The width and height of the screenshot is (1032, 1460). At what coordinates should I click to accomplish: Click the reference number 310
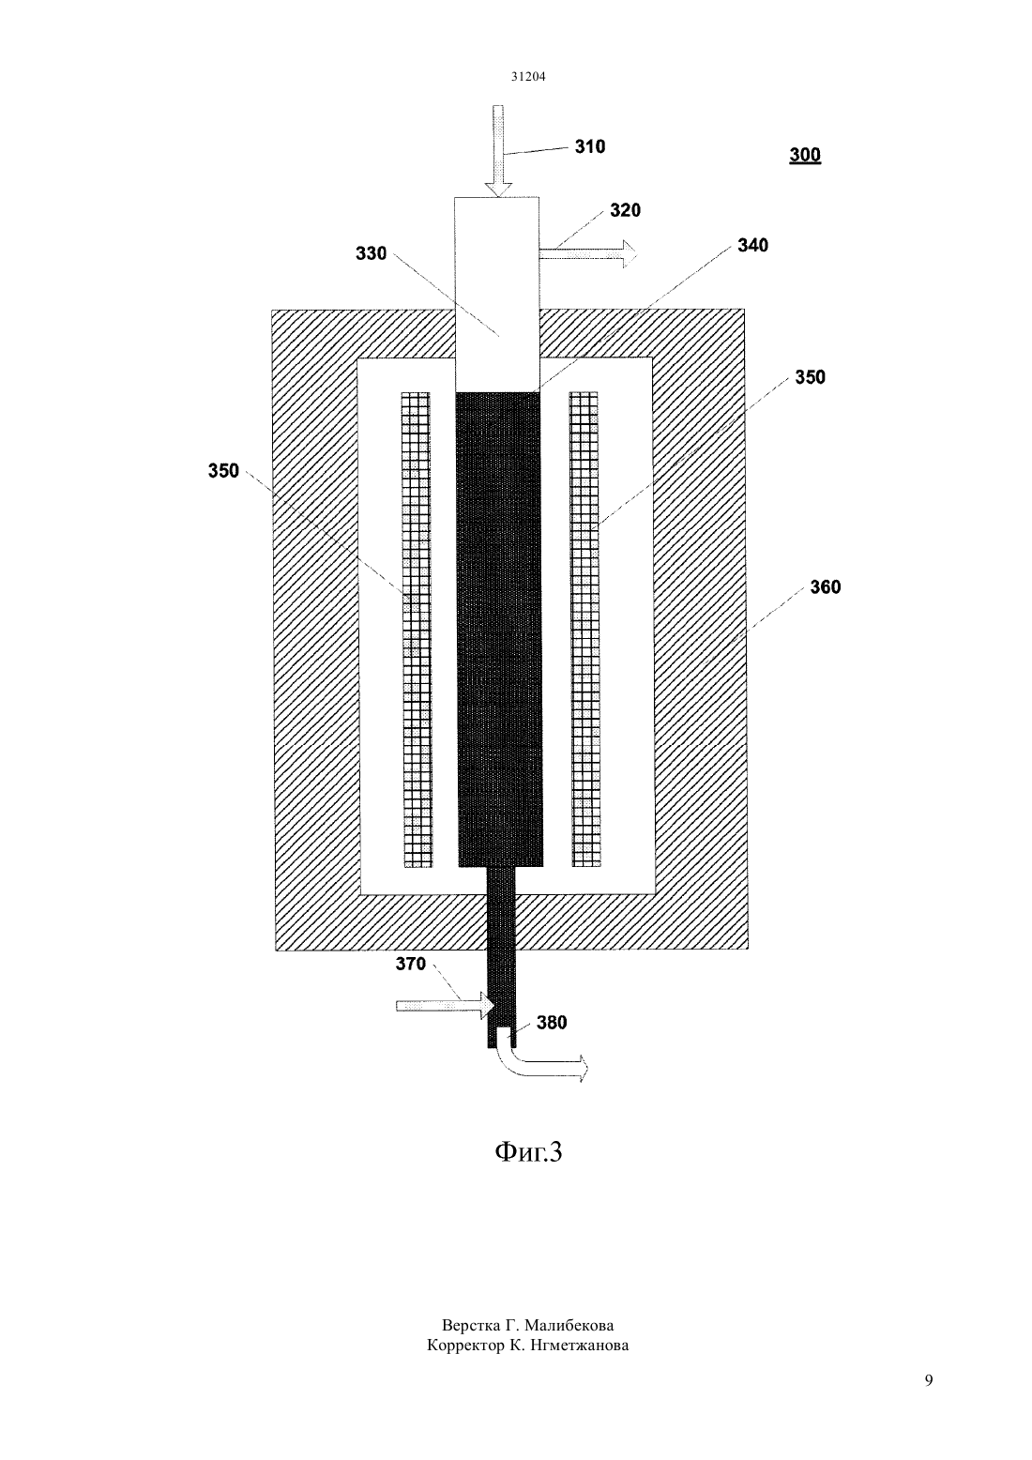tap(589, 146)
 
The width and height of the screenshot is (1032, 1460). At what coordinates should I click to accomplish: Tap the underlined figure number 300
tap(805, 155)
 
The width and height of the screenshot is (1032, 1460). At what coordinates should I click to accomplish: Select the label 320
tap(626, 210)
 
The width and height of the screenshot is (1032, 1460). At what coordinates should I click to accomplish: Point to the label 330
tap(371, 253)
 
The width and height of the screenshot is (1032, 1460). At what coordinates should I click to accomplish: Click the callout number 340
tap(752, 245)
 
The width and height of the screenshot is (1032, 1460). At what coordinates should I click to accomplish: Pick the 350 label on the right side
tap(810, 377)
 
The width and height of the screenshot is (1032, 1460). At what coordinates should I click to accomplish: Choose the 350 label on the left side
tap(223, 471)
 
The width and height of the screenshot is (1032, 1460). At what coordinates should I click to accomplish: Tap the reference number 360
tap(826, 587)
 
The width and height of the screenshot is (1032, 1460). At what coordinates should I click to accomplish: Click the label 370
tap(411, 964)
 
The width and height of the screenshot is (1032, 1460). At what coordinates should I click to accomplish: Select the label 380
tap(552, 1023)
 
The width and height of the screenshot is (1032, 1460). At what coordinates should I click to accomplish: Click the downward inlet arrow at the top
tap(498, 151)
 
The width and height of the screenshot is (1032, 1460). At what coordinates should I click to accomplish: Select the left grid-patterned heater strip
tap(417, 629)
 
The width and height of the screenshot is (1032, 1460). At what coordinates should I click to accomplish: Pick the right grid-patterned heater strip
tap(584, 629)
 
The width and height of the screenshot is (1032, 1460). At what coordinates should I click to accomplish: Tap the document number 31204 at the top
tap(528, 76)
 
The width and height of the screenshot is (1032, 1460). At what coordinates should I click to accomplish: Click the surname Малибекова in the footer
tap(569, 1325)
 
